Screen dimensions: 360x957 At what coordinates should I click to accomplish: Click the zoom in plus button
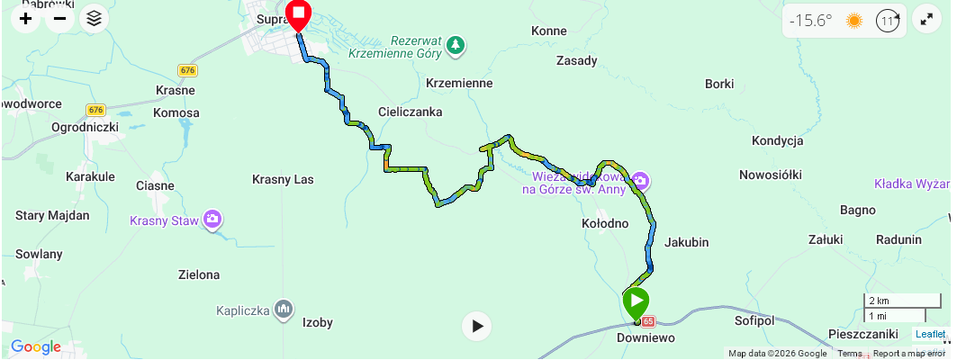click(x=26, y=18)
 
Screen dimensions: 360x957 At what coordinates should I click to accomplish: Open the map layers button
click(x=94, y=18)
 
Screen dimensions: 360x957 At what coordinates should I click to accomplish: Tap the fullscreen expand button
click(x=925, y=20)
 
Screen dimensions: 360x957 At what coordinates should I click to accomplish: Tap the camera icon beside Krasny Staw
click(x=212, y=219)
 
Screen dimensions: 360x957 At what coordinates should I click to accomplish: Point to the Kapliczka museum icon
click(x=284, y=310)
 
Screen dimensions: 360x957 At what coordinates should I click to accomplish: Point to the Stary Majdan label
click(x=52, y=216)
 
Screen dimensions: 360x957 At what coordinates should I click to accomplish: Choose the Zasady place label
click(x=577, y=61)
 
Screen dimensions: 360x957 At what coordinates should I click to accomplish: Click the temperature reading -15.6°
click(x=811, y=21)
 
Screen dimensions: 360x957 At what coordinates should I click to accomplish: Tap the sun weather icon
click(x=853, y=21)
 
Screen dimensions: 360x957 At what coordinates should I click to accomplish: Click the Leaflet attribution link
click(x=930, y=334)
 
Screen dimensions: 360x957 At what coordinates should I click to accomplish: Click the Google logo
click(x=36, y=347)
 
